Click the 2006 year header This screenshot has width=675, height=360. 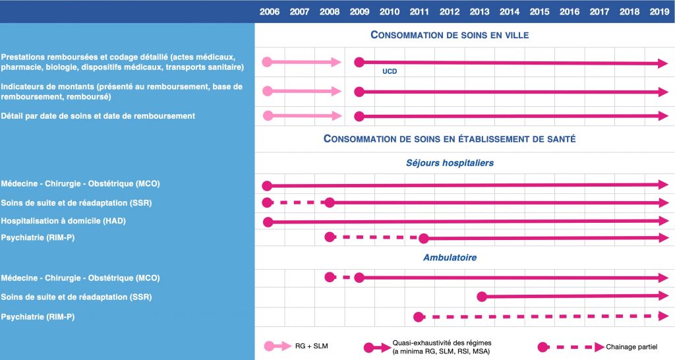[x=269, y=11]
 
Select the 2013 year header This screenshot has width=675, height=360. [x=479, y=11]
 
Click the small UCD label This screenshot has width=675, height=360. [x=390, y=71]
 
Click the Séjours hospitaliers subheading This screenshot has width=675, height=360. [x=450, y=162]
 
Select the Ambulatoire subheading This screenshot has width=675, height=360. [x=450, y=258]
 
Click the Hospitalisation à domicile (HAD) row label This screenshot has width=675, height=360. [x=63, y=221]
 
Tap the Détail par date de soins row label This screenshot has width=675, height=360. [x=98, y=116]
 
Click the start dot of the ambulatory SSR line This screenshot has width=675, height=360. [x=481, y=297]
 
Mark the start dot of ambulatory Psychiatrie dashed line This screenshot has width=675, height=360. [x=419, y=317]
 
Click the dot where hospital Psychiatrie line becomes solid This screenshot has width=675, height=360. [x=424, y=237]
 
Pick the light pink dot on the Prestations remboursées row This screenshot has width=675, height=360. [x=267, y=62]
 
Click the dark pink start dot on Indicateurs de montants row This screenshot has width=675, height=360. [x=359, y=91]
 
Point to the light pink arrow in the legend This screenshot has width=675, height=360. [x=278, y=345]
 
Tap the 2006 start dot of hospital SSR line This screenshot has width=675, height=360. [x=267, y=202]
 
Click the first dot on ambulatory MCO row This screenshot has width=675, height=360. [x=330, y=278]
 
